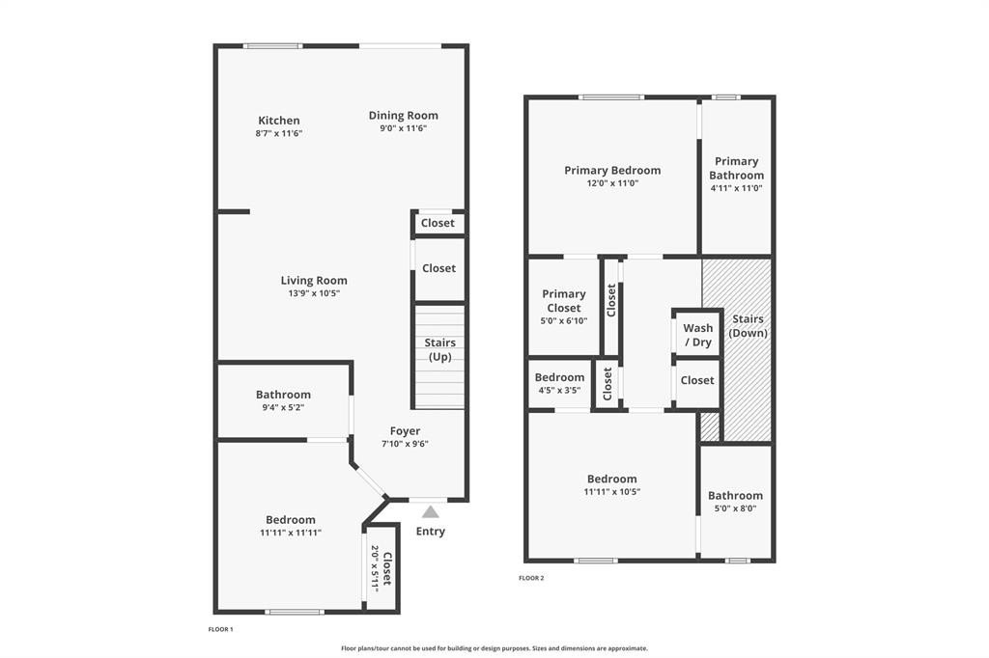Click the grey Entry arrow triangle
(431, 512)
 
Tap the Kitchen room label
(278, 121)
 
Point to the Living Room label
(314, 281)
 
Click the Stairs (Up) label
(439, 350)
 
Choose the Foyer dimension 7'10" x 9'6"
(405, 444)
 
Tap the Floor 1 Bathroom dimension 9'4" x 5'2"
(283, 407)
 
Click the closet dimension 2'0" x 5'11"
(376, 568)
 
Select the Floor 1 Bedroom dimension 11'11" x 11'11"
(290, 533)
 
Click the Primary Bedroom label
(612, 170)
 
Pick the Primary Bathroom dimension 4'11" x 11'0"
(736, 188)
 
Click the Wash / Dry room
(697, 335)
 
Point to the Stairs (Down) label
(748, 326)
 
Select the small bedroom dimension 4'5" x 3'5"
(559, 391)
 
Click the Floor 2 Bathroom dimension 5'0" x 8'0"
(735, 508)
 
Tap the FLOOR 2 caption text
(531, 578)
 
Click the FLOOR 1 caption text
(220, 629)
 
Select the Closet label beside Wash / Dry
(696, 380)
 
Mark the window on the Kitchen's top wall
(271, 45)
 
